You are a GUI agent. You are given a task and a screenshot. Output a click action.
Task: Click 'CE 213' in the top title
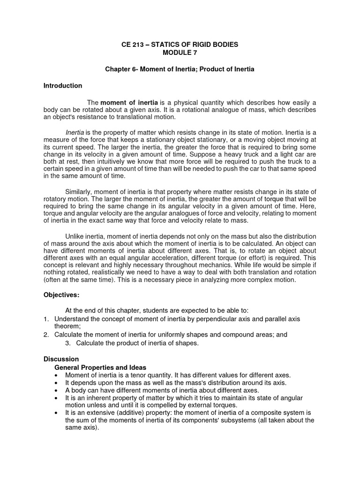(132, 45)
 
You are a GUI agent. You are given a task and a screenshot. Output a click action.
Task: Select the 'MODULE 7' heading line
(180, 52)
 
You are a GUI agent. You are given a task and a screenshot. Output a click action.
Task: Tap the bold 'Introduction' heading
(63, 86)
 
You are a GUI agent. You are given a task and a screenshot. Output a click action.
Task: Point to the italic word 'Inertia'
(75, 133)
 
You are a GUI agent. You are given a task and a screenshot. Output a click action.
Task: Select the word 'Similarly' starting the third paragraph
(79, 192)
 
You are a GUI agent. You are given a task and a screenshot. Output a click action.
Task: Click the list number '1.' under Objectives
(46, 319)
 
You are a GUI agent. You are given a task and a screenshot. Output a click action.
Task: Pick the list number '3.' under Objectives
(68, 343)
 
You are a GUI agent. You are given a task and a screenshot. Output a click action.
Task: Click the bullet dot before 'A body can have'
(57, 390)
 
